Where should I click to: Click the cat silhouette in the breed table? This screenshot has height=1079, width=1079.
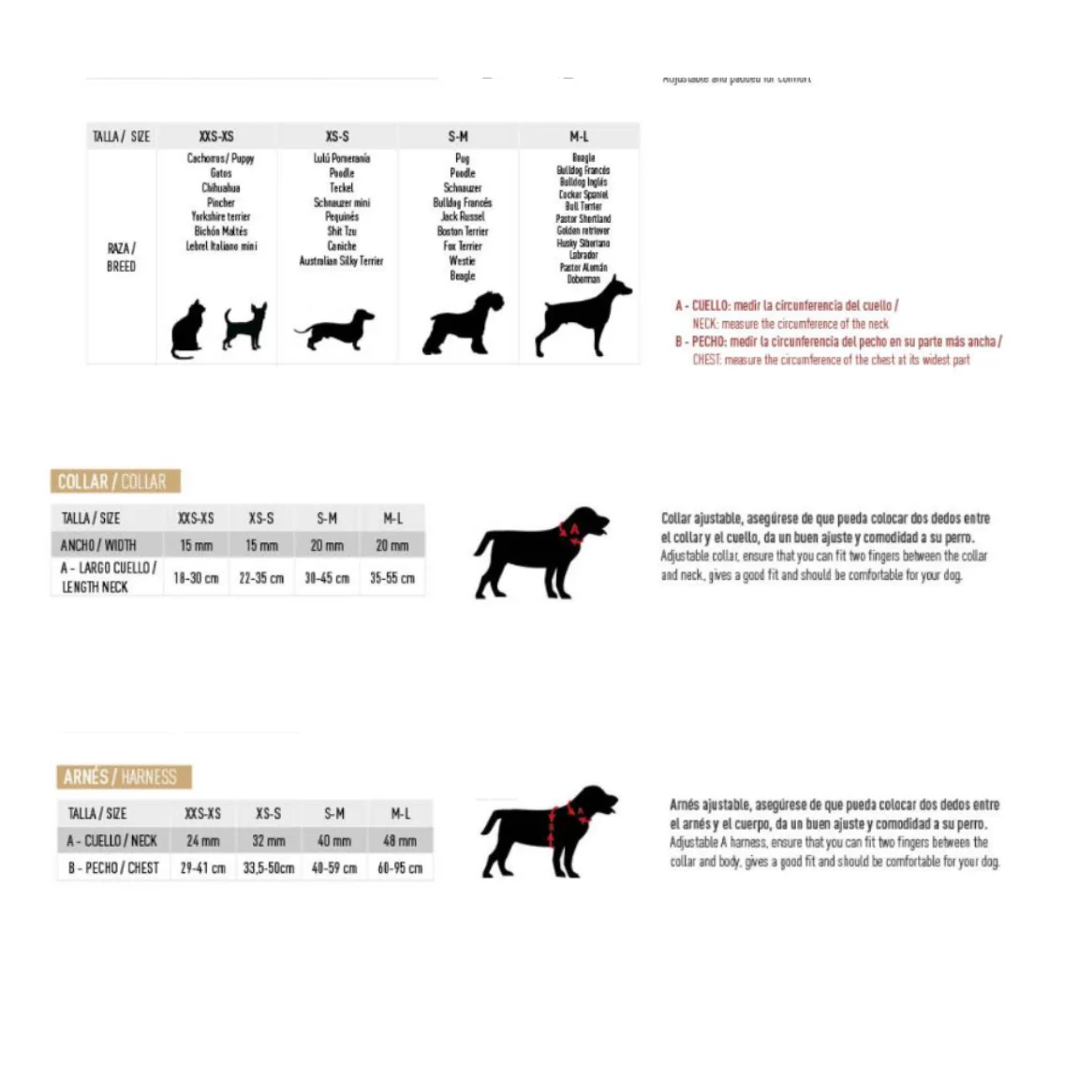click(x=188, y=330)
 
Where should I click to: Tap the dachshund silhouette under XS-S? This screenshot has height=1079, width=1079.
click(x=334, y=330)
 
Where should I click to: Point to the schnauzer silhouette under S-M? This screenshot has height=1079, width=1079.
click(x=463, y=324)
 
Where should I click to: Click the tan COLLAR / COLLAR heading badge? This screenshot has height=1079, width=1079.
click(x=114, y=481)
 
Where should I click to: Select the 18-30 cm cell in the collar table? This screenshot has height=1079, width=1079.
click(x=196, y=578)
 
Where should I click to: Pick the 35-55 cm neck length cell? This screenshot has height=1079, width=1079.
click(x=392, y=578)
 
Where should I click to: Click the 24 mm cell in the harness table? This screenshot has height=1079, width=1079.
click(x=203, y=840)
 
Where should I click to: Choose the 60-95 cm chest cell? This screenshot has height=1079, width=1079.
click(x=400, y=867)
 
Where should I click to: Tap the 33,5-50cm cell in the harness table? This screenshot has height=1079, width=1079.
click(x=269, y=867)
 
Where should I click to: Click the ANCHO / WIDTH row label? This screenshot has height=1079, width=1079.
click(x=98, y=545)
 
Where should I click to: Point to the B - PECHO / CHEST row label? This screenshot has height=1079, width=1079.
click(x=113, y=867)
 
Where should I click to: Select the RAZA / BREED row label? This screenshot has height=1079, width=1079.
click(x=121, y=257)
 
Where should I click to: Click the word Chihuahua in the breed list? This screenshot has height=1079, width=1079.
click(x=221, y=187)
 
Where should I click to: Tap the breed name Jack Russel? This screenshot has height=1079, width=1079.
click(x=463, y=216)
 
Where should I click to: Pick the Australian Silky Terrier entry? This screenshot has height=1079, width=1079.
click(x=341, y=260)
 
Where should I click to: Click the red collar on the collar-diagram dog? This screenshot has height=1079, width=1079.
click(x=570, y=532)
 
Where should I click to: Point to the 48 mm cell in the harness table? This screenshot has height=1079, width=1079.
click(x=400, y=840)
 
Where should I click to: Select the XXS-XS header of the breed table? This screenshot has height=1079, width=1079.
click(x=216, y=136)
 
